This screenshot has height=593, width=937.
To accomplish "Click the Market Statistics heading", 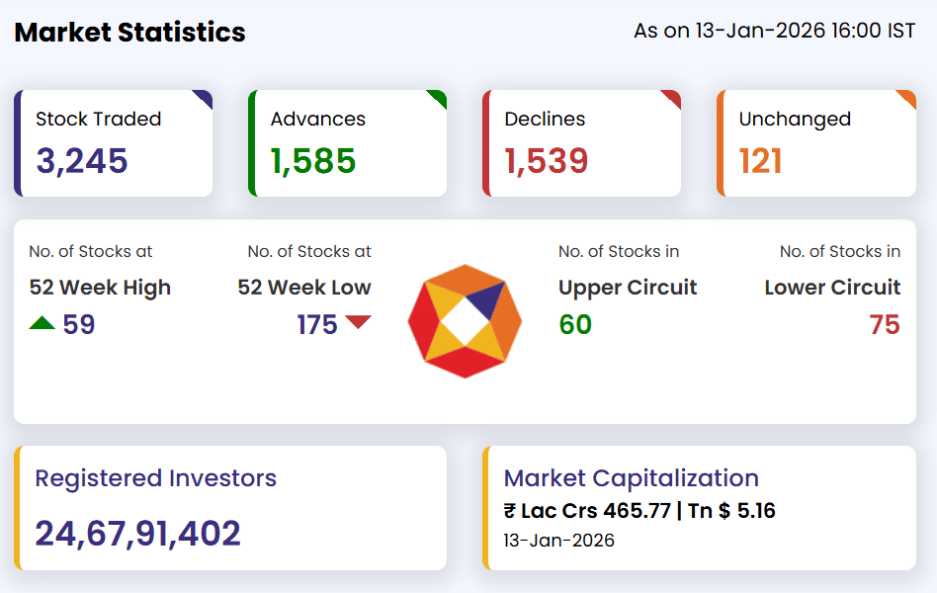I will (129, 32).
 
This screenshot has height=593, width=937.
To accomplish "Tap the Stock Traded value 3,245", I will (82, 160).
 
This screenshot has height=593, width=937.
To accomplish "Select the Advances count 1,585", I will (313, 160).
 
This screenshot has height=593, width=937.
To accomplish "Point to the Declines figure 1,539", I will (547, 160).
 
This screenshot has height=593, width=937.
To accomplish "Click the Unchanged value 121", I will (761, 160).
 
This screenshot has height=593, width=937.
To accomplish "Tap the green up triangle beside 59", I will (43, 322).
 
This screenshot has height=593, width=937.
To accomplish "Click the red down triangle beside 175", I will (358, 322).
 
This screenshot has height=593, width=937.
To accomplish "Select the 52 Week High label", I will (100, 288).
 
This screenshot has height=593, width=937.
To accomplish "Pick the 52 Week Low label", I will (304, 288).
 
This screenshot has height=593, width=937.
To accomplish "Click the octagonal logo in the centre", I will (465, 321).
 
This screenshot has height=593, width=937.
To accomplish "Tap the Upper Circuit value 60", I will (575, 324).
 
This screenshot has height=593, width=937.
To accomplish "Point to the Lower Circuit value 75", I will (885, 324).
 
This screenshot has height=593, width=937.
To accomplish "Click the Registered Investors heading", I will (155, 478).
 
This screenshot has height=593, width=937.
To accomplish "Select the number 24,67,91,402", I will (137, 534).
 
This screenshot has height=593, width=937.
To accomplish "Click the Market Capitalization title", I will (632, 478).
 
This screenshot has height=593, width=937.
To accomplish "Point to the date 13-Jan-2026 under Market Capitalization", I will (558, 541).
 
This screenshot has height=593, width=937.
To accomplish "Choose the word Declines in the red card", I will (545, 119).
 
